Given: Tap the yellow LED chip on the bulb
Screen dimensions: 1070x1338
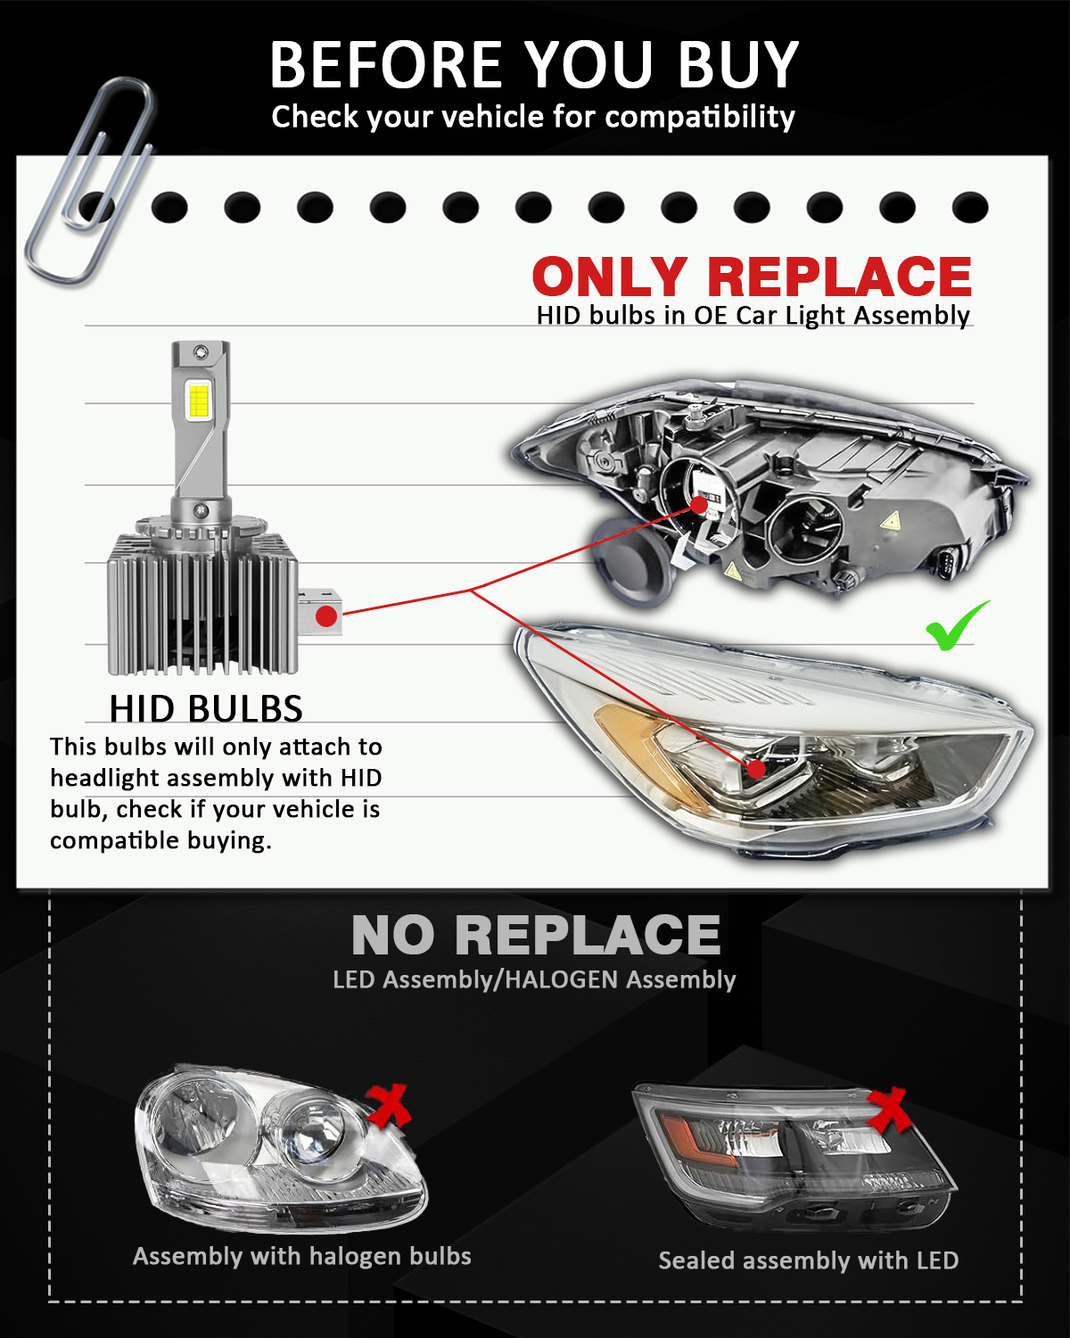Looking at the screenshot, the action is click(x=199, y=401).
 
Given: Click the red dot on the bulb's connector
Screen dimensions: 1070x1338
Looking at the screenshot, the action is click(x=326, y=616).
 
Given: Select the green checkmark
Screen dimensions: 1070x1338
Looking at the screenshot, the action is click(x=957, y=627).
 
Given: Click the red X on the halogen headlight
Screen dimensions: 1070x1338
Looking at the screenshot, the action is click(x=388, y=1106).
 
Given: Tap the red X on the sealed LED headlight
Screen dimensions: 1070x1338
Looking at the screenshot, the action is click(x=889, y=1110).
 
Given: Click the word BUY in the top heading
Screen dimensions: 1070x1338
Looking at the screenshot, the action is click(x=737, y=64).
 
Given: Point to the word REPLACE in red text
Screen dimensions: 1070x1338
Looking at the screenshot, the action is click(x=839, y=277).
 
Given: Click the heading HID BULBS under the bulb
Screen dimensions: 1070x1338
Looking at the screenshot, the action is click(x=206, y=708).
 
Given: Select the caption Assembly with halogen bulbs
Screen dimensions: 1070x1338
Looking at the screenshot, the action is click(x=302, y=1257).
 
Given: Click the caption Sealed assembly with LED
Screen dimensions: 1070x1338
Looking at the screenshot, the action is click(x=808, y=1261).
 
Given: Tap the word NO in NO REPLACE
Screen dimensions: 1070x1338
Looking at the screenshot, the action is click(x=393, y=935).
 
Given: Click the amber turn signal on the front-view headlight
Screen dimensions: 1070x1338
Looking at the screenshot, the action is click(x=646, y=752).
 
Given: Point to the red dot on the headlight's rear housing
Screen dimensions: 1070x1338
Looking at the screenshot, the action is click(x=699, y=504).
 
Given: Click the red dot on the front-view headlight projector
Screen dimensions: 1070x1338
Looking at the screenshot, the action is click(x=756, y=769).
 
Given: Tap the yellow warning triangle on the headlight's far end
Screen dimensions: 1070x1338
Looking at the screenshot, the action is click(x=890, y=520).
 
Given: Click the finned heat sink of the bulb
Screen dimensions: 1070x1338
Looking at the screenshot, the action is click(x=202, y=603).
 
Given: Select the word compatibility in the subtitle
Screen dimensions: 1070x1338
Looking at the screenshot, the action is click(x=699, y=117).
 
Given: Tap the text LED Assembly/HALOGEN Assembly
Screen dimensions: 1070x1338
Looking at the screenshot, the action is click(x=534, y=980).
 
